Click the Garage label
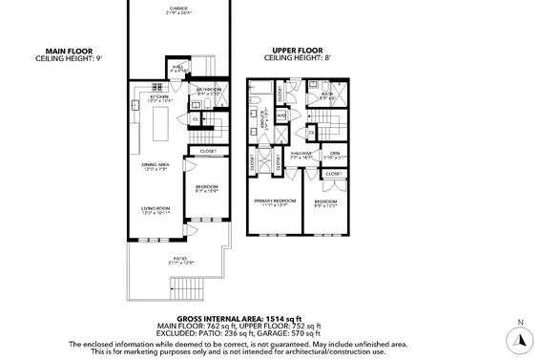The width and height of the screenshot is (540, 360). pos(179,9)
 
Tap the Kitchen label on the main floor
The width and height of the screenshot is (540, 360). pos(158,97)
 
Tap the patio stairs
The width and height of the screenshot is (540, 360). pos(187,286)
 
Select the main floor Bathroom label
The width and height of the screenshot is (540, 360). pos(207,92)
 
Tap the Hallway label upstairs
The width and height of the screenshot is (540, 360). pos(302,155)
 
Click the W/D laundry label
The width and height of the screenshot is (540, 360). pos(281,116)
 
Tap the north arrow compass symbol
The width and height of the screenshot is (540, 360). pos(519,337)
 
